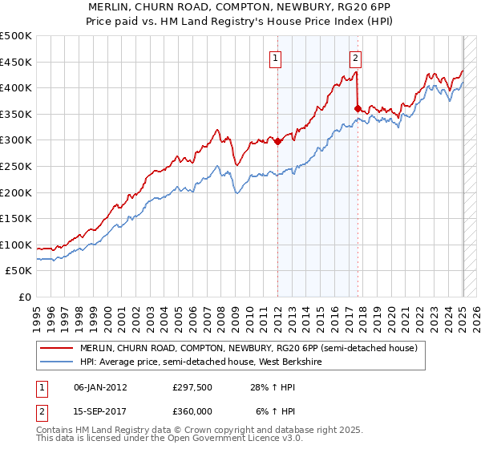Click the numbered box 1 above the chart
[276, 58]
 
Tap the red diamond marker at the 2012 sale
[278, 142]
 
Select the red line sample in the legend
[55, 349]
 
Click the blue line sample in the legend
[55, 362]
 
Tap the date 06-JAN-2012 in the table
[100, 388]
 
